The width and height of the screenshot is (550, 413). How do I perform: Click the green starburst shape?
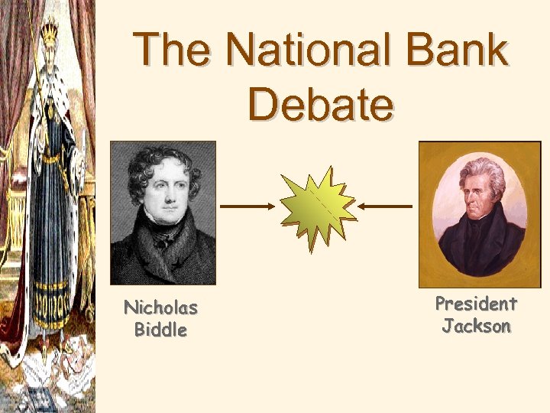click(316, 206)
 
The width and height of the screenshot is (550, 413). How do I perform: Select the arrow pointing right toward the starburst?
click(247, 206)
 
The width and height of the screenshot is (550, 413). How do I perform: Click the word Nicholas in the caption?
click(160, 308)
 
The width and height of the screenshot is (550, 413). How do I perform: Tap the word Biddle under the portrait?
click(160, 330)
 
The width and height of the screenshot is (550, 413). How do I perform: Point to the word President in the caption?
click(476, 304)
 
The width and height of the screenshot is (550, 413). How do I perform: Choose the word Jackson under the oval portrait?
click(476, 326)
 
